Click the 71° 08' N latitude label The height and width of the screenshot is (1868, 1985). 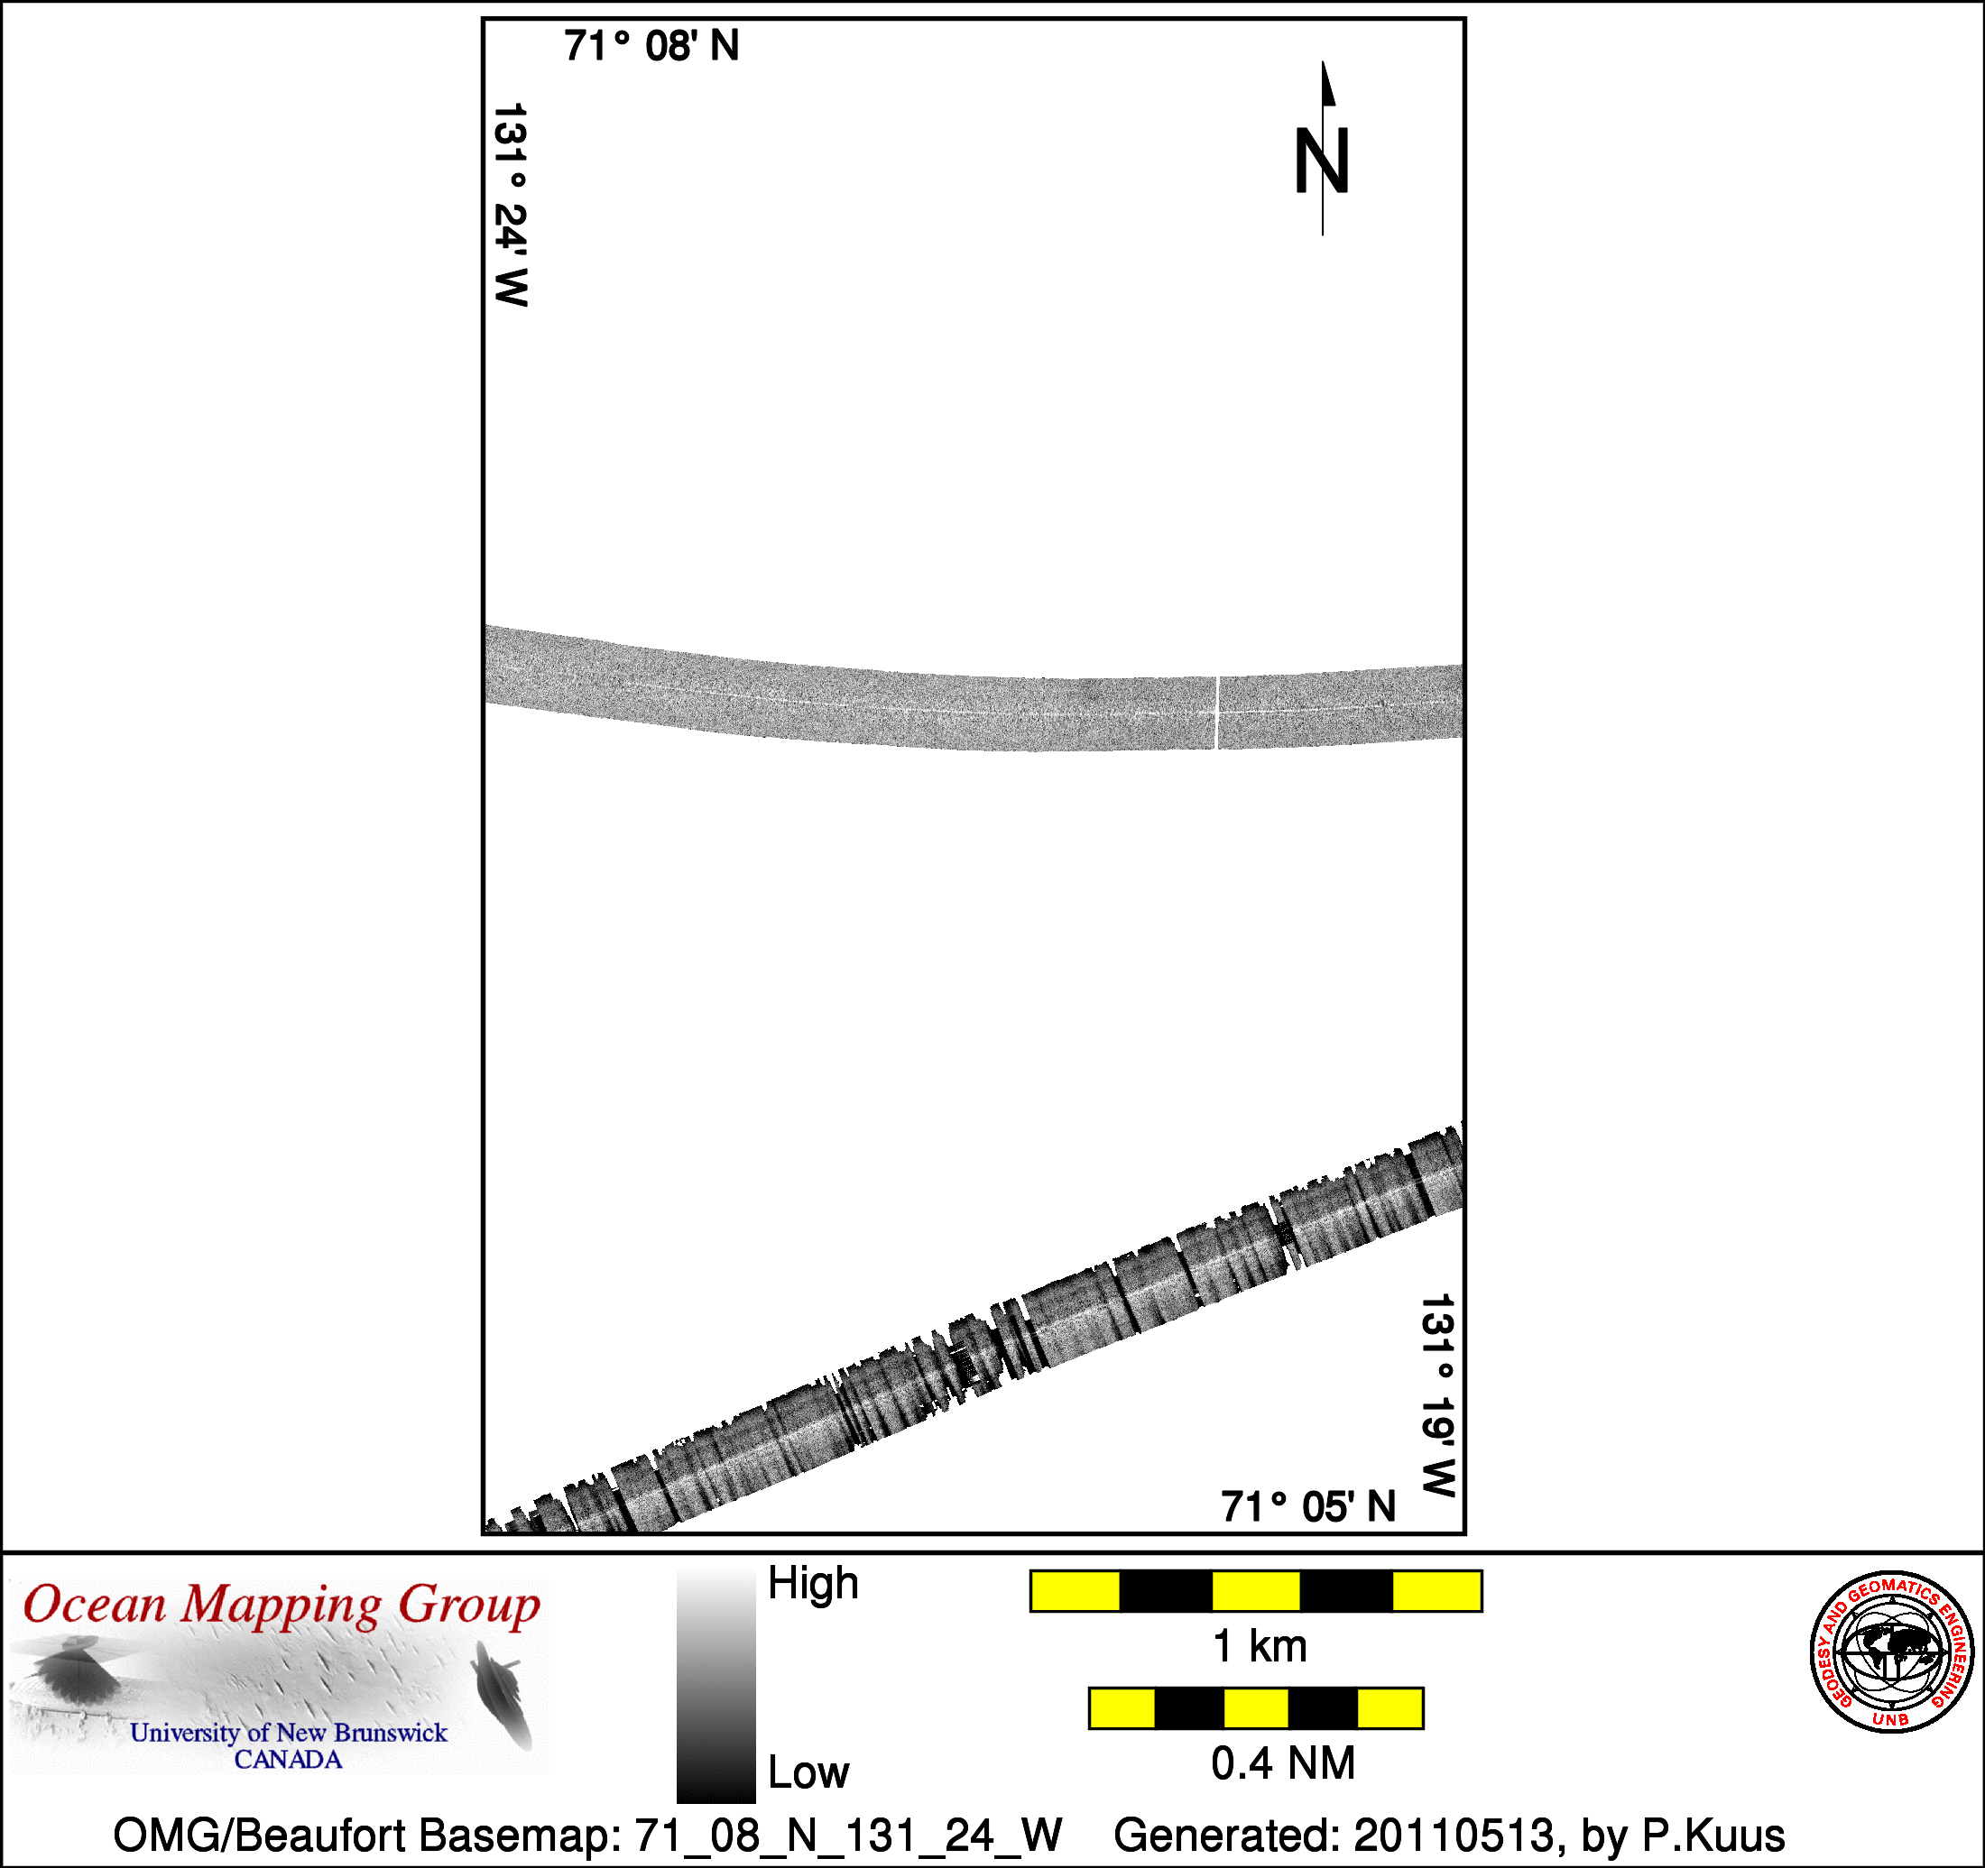click(651, 46)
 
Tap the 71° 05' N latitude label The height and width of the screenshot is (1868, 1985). click(1308, 1506)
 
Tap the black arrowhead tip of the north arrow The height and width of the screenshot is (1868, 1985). click(1323, 62)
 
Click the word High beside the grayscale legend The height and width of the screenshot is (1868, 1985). click(813, 1584)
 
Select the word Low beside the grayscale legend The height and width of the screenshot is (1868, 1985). click(808, 1772)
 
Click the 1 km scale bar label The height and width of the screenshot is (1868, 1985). click(1259, 1646)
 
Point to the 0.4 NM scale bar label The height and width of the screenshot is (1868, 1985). click(1283, 1763)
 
